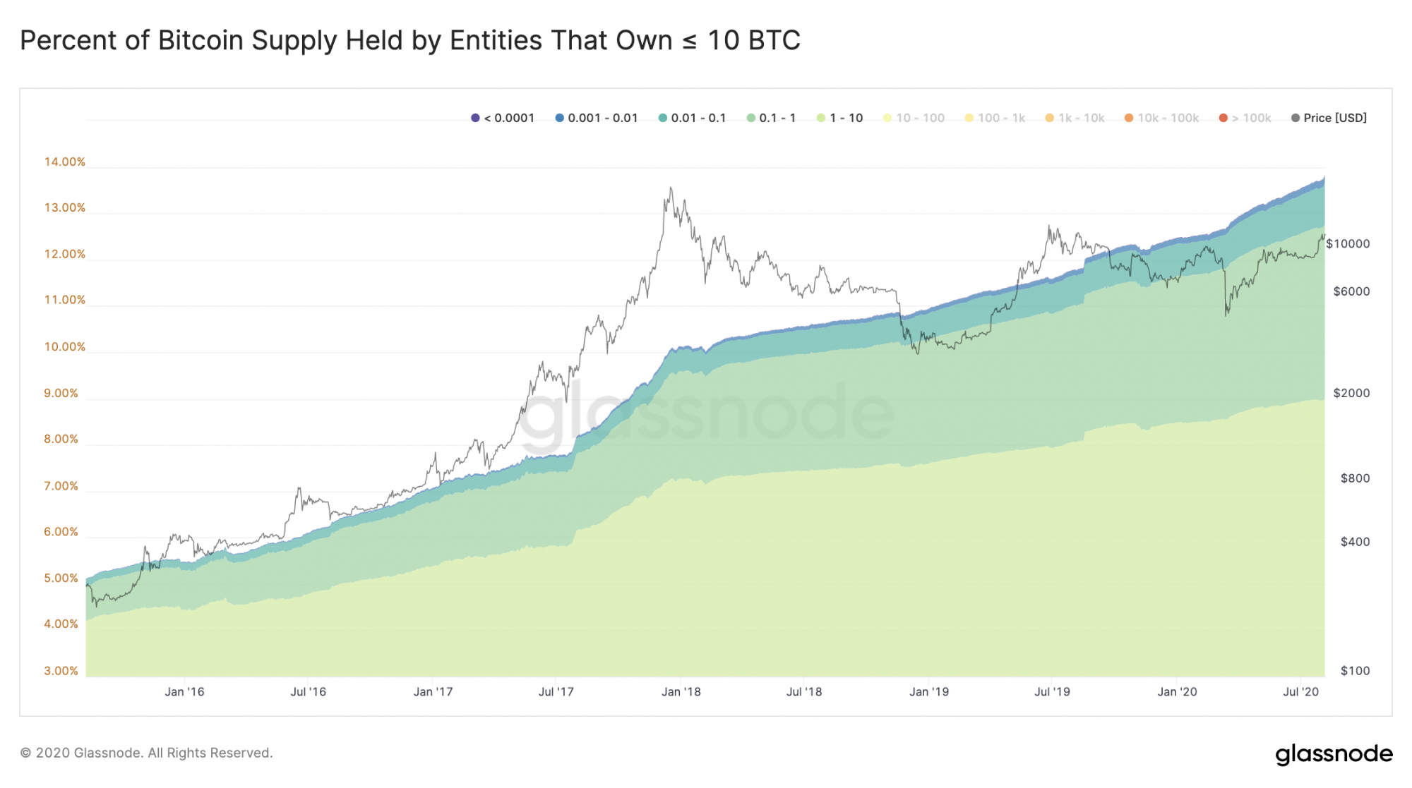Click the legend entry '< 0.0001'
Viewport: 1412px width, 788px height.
pos(503,118)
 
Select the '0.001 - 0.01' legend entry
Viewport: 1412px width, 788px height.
pos(597,118)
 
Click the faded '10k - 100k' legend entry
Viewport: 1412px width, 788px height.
pos(1161,118)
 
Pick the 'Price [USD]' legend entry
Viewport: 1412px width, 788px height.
pos(1329,118)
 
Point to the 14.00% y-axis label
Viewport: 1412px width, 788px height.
pos(64,162)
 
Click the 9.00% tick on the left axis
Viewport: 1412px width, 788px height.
pos(61,394)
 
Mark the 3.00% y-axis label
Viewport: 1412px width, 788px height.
pos(61,671)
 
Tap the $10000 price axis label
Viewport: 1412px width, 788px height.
pos(1347,244)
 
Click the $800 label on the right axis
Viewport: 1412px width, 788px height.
pos(1355,478)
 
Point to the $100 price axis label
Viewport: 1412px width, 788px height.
pos(1355,671)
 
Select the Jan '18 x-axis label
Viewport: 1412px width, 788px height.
pos(681,692)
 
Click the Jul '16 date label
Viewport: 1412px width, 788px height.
pos(308,692)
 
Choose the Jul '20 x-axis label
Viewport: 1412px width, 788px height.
pos(1300,692)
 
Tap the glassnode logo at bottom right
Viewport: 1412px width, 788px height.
pos(1334,753)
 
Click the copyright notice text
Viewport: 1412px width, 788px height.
pos(146,753)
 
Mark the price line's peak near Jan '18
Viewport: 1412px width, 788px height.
pos(671,188)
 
